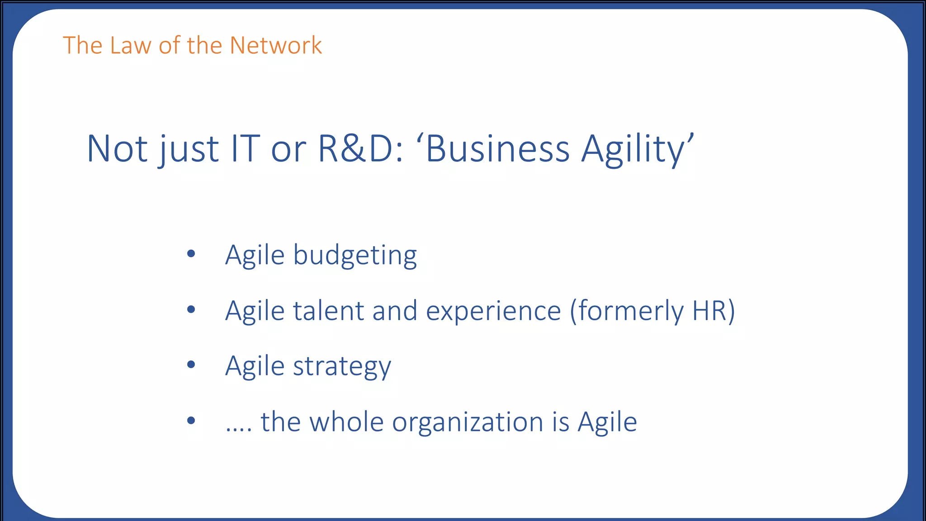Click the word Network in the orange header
point(275,46)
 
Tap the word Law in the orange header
point(130,46)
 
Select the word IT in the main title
point(245,149)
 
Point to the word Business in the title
point(497,149)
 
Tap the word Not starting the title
point(117,149)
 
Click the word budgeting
point(355,256)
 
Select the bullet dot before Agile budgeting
point(191,254)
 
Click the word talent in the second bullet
point(328,311)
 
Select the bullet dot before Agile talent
point(191,309)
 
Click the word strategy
point(342,367)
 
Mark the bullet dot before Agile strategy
point(191,365)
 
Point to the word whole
point(346,422)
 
